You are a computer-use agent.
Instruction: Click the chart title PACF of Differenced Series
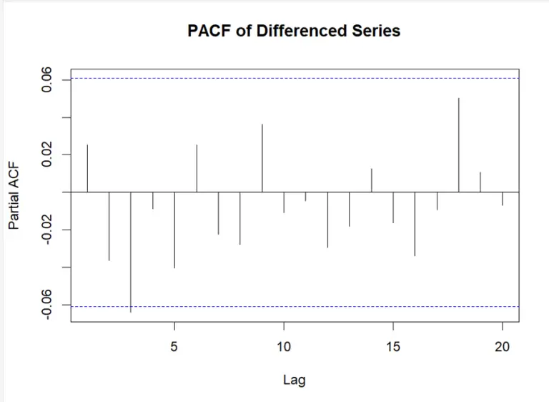pos(294,31)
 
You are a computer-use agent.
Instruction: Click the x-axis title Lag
pos(294,380)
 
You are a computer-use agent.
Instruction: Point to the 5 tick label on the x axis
pos(174,347)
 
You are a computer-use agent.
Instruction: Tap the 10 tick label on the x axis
pos(284,347)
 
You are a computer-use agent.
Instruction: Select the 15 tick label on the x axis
pos(393,347)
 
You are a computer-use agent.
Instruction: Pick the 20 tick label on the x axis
pos(503,347)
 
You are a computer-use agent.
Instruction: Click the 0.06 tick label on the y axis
pos(45,79)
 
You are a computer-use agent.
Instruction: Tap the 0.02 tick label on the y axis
pos(45,155)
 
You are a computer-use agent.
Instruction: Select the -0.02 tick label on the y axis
pos(45,230)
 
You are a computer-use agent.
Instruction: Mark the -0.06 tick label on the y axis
pos(45,305)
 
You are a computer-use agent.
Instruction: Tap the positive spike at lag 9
pos(262,158)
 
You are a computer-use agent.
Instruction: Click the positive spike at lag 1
pos(87,168)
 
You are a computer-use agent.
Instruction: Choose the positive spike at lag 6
pos(197,168)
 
